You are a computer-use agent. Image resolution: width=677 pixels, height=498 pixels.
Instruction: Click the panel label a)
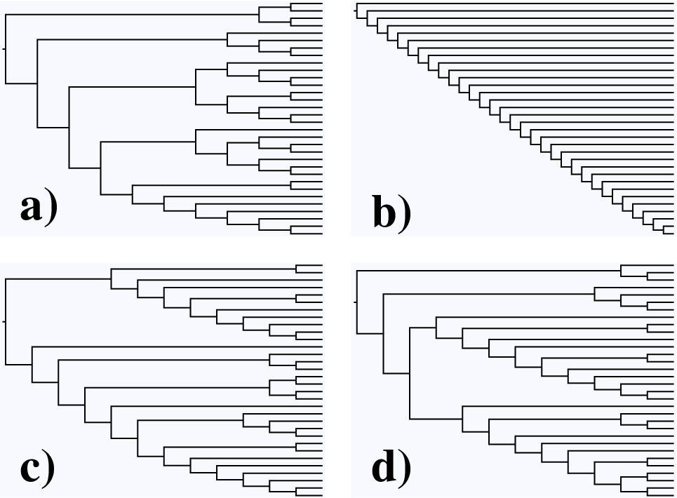point(39,209)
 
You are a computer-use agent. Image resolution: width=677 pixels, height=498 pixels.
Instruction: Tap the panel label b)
point(392,211)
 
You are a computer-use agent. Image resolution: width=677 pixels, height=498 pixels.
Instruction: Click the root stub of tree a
point(4,49)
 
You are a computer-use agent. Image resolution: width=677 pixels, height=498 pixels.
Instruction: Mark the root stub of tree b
point(356,11)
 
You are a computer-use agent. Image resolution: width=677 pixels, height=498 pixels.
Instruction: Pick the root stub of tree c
point(4,321)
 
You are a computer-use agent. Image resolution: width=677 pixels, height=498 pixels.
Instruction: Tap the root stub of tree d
point(356,302)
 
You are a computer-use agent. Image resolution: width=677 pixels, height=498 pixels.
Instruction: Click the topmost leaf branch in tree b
point(515,4)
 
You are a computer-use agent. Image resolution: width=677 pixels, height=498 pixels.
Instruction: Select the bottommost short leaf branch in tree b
point(669,234)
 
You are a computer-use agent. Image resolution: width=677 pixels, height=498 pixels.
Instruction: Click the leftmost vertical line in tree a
point(6,49)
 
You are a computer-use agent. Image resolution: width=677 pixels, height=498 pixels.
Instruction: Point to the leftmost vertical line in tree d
point(357,302)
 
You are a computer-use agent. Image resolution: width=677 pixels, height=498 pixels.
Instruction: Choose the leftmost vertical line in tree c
point(6,321)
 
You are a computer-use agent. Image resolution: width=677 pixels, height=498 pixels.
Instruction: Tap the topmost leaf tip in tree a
point(323,4)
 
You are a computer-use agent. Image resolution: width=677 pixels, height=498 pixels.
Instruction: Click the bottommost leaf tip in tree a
point(323,234)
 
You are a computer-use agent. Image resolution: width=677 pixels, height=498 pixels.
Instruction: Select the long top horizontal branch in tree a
point(132,15)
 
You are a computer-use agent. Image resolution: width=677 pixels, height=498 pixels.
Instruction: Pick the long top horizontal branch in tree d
point(489,271)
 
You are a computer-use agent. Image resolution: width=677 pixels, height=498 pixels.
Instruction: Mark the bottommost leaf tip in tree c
point(323,495)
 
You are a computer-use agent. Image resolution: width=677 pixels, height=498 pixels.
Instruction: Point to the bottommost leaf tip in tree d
point(673,495)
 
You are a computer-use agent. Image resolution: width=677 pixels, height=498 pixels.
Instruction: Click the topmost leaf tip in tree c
point(323,265)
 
